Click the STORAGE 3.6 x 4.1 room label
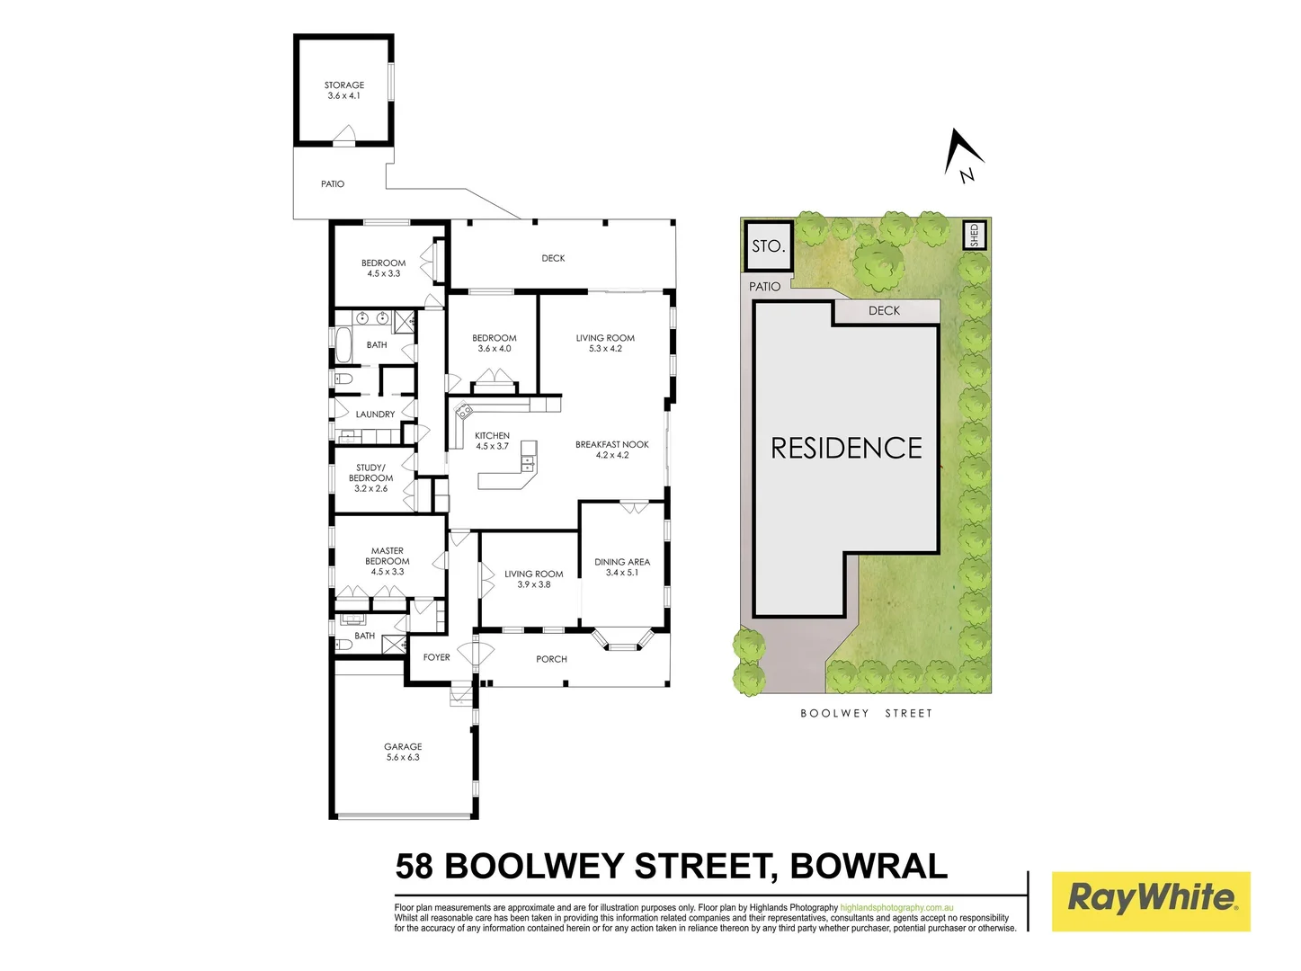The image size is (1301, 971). pyautogui.click(x=344, y=91)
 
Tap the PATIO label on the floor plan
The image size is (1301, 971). pyautogui.click(x=333, y=184)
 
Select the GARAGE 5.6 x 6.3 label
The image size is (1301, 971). pyautogui.click(x=403, y=753)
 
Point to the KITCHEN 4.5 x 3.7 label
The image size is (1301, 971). pyautogui.click(x=492, y=441)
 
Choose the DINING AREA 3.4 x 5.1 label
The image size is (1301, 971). pyautogui.click(x=622, y=567)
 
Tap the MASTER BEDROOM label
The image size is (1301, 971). pyautogui.click(x=388, y=561)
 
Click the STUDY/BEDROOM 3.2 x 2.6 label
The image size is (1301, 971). pyautogui.click(x=370, y=478)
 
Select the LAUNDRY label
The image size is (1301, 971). pyautogui.click(x=375, y=414)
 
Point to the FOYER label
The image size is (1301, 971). pyautogui.click(x=437, y=658)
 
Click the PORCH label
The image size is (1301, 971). pyautogui.click(x=552, y=660)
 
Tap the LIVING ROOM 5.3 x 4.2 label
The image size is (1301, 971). pyautogui.click(x=605, y=343)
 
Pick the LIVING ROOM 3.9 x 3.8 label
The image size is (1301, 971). pyautogui.click(x=534, y=579)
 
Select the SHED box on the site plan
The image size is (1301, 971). pyautogui.click(x=975, y=236)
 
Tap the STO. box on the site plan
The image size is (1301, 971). pyautogui.click(x=769, y=245)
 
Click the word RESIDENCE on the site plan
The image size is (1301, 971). pyautogui.click(x=847, y=449)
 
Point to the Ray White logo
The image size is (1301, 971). pyautogui.click(x=1151, y=901)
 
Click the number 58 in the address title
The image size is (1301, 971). pyautogui.click(x=414, y=867)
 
